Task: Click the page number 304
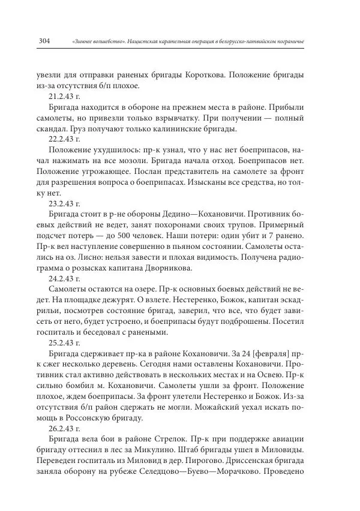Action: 43,41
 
